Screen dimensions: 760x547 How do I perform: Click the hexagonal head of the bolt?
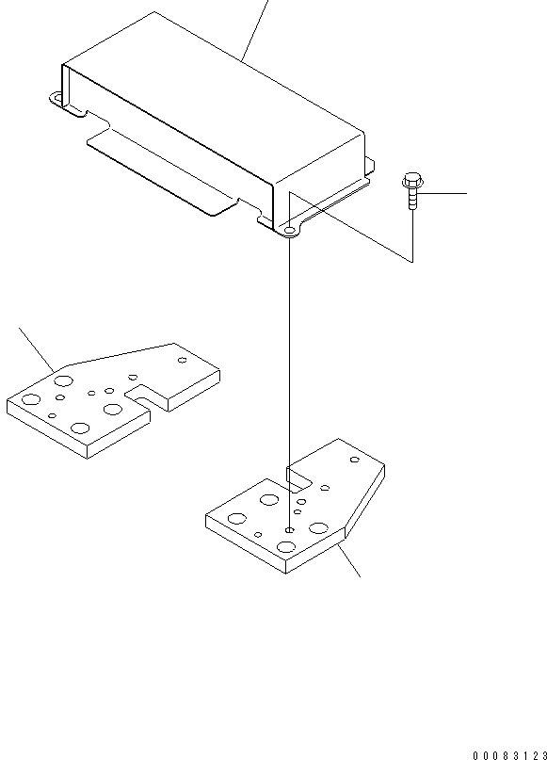(x=411, y=179)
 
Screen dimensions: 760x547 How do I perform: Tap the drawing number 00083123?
(x=509, y=754)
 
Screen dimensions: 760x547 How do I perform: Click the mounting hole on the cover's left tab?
(x=56, y=98)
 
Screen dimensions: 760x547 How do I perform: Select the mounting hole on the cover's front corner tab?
(x=289, y=229)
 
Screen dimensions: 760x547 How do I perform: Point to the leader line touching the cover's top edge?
(x=254, y=28)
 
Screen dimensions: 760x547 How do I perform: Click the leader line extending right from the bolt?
(x=443, y=193)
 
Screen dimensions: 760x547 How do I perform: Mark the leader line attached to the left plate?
(x=37, y=348)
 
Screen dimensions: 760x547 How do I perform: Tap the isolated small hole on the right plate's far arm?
(x=354, y=460)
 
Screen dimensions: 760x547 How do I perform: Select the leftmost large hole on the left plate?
(x=29, y=401)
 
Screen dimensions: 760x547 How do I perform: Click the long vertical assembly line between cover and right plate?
(x=290, y=377)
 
